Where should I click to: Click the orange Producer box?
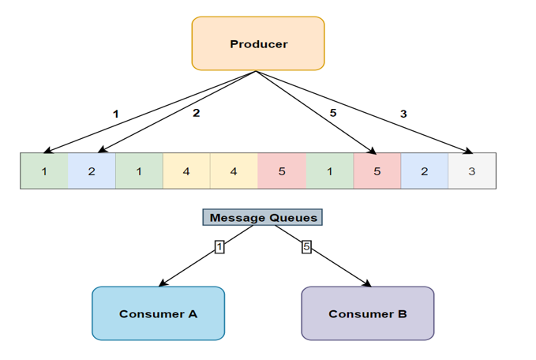[258, 44]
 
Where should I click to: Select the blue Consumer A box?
[158, 313]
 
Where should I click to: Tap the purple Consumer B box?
[367, 313]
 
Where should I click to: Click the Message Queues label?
[262, 217]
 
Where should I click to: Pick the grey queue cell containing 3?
[472, 171]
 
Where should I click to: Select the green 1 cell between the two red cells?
[329, 171]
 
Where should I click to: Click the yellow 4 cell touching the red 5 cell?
[234, 171]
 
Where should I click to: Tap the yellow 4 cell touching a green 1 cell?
[186, 171]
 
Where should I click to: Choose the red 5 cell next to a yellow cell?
[282, 171]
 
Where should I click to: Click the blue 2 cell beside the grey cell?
[425, 171]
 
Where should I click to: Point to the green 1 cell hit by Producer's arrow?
[44, 171]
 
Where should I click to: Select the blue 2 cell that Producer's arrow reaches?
[92, 171]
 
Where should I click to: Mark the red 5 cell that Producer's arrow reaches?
[377, 171]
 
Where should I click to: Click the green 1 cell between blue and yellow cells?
[139, 171]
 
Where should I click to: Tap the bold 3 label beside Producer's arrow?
[403, 114]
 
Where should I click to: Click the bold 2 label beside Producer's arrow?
[197, 113]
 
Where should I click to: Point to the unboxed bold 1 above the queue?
[116, 114]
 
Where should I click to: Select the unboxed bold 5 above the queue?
[333, 113]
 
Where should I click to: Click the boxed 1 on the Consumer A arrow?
[219, 247]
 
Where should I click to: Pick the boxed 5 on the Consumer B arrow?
[306, 247]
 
